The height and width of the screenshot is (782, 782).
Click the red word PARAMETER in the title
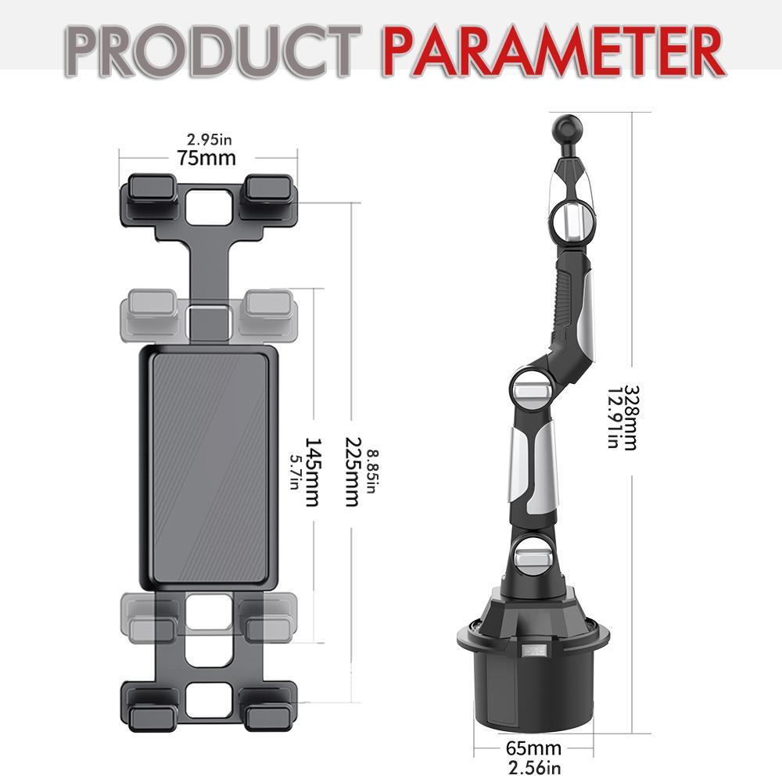click(552, 51)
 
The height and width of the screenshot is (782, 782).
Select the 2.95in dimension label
click(209, 141)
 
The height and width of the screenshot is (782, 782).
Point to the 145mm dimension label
click(312, 472)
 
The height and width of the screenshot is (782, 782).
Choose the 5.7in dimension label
click(295, 472)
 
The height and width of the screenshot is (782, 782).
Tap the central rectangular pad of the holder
click(210, 466)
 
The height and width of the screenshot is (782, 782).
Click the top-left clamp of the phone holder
click(149, 190)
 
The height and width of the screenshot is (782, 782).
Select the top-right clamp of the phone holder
click(268, 190)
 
